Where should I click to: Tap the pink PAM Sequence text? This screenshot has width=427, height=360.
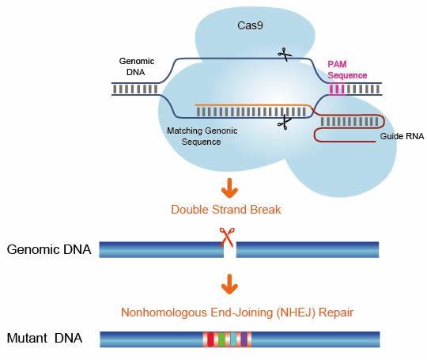(348, 69)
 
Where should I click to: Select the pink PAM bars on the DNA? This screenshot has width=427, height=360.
(338, 89)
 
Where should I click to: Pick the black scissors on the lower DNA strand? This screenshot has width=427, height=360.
(282, 122)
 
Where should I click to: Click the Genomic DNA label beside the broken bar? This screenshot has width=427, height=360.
(48, 250)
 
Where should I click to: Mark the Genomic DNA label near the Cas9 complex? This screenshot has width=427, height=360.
(136, 66)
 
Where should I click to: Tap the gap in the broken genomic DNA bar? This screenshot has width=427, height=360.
(229, 251)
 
